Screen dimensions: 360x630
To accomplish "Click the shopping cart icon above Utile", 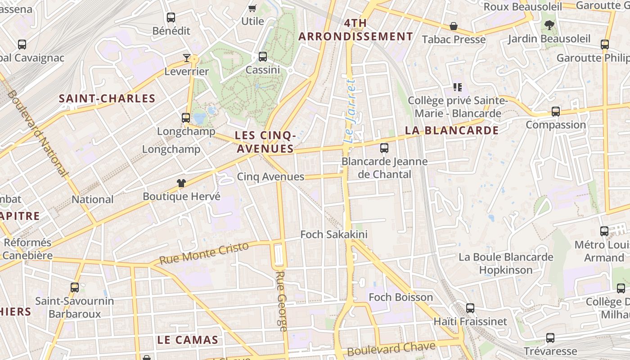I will click(x=252, y=8).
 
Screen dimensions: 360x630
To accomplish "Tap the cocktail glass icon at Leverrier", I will click(x=187, y=58).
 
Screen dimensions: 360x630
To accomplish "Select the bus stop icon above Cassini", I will click(x=263, y=57).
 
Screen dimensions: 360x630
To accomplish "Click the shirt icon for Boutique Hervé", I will click(x=181, y=183).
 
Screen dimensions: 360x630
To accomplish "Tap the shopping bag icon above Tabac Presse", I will click(x=454, y=26).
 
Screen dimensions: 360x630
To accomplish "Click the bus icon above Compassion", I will click(x=556, y=111).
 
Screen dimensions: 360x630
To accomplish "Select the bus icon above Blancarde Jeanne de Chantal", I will click(x=384, y=148).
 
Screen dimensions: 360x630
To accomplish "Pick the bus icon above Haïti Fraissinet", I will click(x=470, y=308).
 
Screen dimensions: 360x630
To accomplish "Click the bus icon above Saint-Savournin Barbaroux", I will click(x=75, y=287).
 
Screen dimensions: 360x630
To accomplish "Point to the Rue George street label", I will click(x=282, y=301).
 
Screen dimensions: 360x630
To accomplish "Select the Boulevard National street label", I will click(x=38, y=133).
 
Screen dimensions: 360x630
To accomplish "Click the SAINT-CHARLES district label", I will click(x=107, y=99).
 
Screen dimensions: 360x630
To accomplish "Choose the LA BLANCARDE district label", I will click(x=452, y=130).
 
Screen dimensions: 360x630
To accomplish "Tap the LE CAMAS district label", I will click(x=188, y=340).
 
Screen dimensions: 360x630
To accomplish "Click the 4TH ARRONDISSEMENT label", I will click(x=355, y=30).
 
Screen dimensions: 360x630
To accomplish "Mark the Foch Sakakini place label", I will click(x=334, y=234).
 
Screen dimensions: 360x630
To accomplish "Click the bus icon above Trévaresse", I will click(x=550, y=338).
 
